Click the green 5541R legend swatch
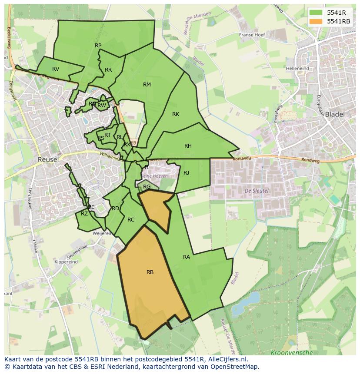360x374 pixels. pyautogui.click(x=316, y=12)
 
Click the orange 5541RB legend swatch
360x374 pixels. pyautogui.click(x=316, y=21)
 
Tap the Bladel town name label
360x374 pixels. pyautogui.click(x=334, y=114)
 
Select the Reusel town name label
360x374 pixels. pyautogui.click(x=48, y=159)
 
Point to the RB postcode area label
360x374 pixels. pyautogui.click(x=150, y=272)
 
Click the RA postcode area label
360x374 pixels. pyautogui.click(x=187, y=257)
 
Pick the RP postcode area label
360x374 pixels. pyautogui.click(x=98, y=46)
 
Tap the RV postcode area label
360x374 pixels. pyautogui.click(x=56, y=69)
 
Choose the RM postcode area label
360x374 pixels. pyautogui.click(x=147, y=85)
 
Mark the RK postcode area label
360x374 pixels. pyautogui.click(x=176, y=114)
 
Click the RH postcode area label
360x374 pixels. pyautogui.click(x=188, y=146)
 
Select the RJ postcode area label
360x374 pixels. pyautogui.click(x=187, y=173)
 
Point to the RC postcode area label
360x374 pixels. pyautogui.click(x=131, y=220)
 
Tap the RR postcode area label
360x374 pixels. pyautogui.click(x=108, y=70)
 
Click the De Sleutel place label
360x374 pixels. pyautogui.click(x=257, y=191)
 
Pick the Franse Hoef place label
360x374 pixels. pyautogui.click(x=252, y=35)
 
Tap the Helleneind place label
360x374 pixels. pyautogui.click(x=297, y=69)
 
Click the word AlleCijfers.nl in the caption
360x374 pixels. pyautogui.click(x=227, y=359)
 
